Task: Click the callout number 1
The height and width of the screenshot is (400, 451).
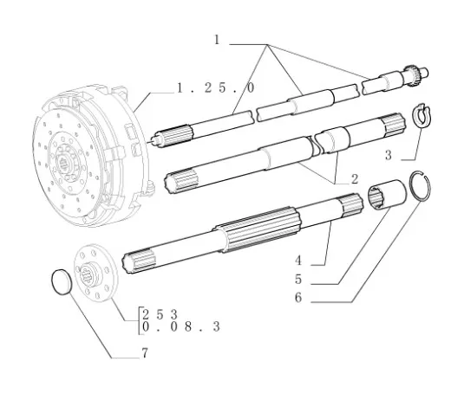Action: pos(217,40)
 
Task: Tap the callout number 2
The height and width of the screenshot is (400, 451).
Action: pos(355,179)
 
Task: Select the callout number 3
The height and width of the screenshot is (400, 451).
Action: pos(389,156)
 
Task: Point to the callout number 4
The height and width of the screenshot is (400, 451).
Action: pos(298,261)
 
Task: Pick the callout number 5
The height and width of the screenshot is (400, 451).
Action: pos(298,280)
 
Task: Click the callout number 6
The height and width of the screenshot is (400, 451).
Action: pos(298,298)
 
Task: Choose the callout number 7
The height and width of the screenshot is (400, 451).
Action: pos(145,353)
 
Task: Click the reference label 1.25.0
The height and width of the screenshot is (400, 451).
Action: pos(216,87)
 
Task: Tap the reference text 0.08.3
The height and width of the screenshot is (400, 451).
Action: pos(181,327)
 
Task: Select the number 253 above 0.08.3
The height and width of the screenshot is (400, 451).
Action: pos(160,314)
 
